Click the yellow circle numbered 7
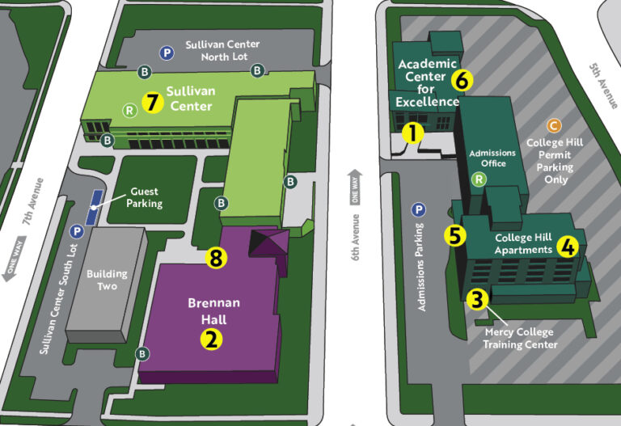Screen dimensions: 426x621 pyautogui.click(x=153, y=103)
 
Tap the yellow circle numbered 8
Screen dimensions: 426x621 pyautogui.click(x=215, y=258)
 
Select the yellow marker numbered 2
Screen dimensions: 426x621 pyautogui.click(x=211, y=338)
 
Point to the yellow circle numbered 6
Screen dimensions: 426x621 pyautogui.click(x=462, y=80)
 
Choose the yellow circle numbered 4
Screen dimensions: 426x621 pyautogui.click(x=569, y=246)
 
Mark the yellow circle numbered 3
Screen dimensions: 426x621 pyautogui.click(x=478, y=299)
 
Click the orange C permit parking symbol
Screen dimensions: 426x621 pyautogui.click(x=553, y=125)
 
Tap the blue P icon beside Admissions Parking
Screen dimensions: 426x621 pyautogui.click(x=419, y=210)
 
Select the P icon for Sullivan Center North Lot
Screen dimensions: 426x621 pyautogui.click(x=167, y=52)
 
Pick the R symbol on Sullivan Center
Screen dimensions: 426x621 pyautogui.click(x=129, y=110)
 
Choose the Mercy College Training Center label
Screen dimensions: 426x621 pyautogui.click(x=521, y=338)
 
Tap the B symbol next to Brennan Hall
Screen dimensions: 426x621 pyautogui.click(x=143, y=353)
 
